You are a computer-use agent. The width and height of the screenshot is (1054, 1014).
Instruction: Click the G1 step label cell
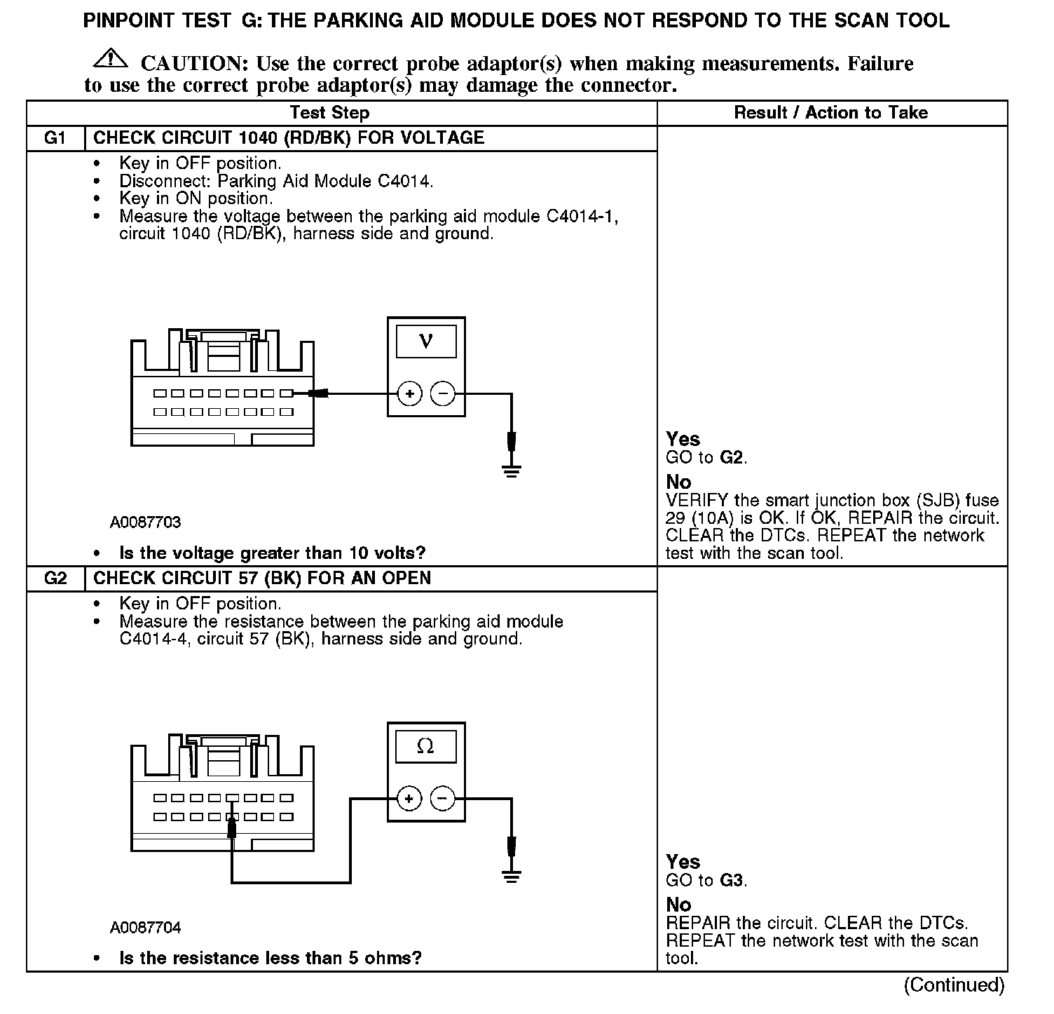pyautogui.click(x=55, y=137)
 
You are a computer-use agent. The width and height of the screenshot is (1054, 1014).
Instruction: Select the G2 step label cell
pyautogui.click(x=55, y=579)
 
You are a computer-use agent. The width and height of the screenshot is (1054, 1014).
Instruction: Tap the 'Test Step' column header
pyautogui.click(x=329, y=113)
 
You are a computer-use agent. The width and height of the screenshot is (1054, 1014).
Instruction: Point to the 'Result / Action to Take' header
pyautogui.click(x=830, y=113)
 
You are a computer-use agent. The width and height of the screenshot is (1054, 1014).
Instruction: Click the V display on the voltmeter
pyautogui.click(x=425, y=342)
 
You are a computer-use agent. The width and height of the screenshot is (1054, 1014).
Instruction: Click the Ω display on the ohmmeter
pyautogui.click(x=425, y=746)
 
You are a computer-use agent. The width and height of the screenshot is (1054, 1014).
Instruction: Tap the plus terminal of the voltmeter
pyautogui.click(x=409, y=394)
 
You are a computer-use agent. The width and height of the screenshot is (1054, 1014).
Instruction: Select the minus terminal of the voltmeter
pyautogui.click(x=442, y=394)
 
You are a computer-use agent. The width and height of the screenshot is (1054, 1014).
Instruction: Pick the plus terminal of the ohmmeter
pyautogui.click(x=409, y=799)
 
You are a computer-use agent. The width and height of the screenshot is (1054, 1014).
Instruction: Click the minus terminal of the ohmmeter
pyautogui.click(x=442, y=799)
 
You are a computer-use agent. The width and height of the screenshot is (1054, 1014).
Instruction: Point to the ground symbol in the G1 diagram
pyautogui.click(x=512, y=469)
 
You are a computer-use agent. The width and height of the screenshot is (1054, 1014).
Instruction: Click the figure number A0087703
pyautogui.click(x=145, y=522)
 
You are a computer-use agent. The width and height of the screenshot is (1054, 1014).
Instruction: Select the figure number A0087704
pyautogui.click(x=145, y=928)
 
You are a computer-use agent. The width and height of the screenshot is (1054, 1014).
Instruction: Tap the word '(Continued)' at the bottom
pyautogui.click(x=954, y=985)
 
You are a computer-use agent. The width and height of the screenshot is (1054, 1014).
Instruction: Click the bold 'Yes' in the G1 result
pyautogui.click(x=683, y=439)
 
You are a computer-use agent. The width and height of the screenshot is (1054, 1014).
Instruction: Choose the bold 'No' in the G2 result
pyautogui.click(x=678, y=905)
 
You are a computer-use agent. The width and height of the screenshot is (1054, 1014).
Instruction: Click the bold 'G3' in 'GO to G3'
pyautogui.click(x=732, y=881)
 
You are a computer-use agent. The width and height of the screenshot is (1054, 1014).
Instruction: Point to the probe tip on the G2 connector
pyautogui.click(x=232, y=827)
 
